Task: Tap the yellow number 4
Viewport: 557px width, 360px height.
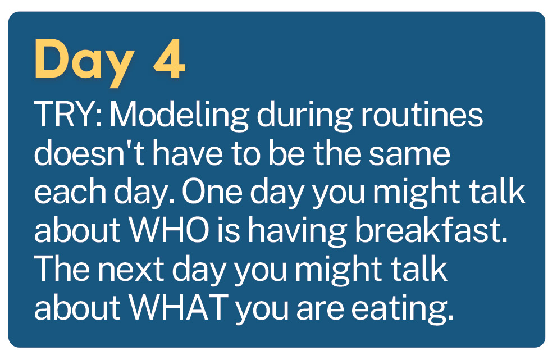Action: point(170,59)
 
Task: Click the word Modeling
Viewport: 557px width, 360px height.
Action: point(179,115)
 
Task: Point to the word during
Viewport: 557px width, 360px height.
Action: point(305,115)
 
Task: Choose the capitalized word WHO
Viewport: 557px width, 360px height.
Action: point(169,230)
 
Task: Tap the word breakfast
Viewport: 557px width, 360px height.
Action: point(431,230)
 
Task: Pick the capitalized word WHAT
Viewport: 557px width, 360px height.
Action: point(179,307)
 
